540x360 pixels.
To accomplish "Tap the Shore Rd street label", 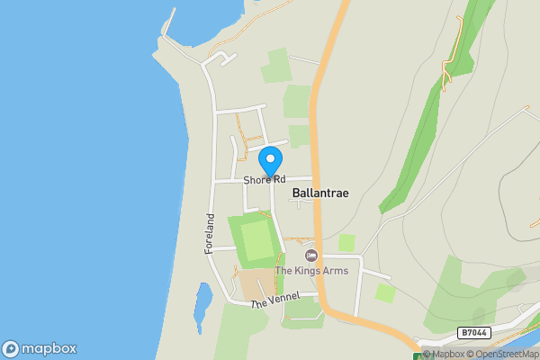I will [x=264, y=181].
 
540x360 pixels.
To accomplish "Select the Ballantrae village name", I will [x=320, y=193].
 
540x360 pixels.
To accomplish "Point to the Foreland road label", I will [x=209, y=233].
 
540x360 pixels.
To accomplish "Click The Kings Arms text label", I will [x=311, y=270].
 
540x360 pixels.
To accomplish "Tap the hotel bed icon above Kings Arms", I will [x=311, y=256].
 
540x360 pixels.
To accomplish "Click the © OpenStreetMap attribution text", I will [x=502, y=354].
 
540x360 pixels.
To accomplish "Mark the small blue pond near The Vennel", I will [x=202, y=306].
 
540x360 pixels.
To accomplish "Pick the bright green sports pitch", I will [x=256, y=240].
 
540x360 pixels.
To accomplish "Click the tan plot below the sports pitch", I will [x=259, y=283].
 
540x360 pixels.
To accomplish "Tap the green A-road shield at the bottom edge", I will [x=418, y=356].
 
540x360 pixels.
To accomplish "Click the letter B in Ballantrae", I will [x=296, y=193].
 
